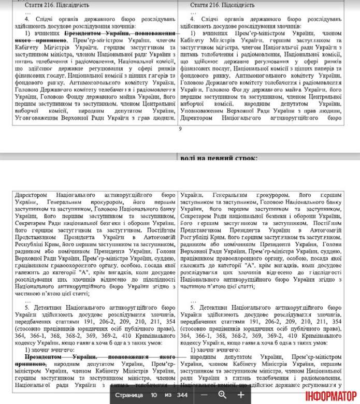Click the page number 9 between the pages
(180, 129)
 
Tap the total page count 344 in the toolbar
(181, 394)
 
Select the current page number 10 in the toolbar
(154, 394)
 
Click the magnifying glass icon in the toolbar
(223, 394)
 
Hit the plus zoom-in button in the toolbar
(241, 394)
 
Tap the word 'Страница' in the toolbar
(129, 394)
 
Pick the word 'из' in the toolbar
(167, 394)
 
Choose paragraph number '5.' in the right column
(193, 306)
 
